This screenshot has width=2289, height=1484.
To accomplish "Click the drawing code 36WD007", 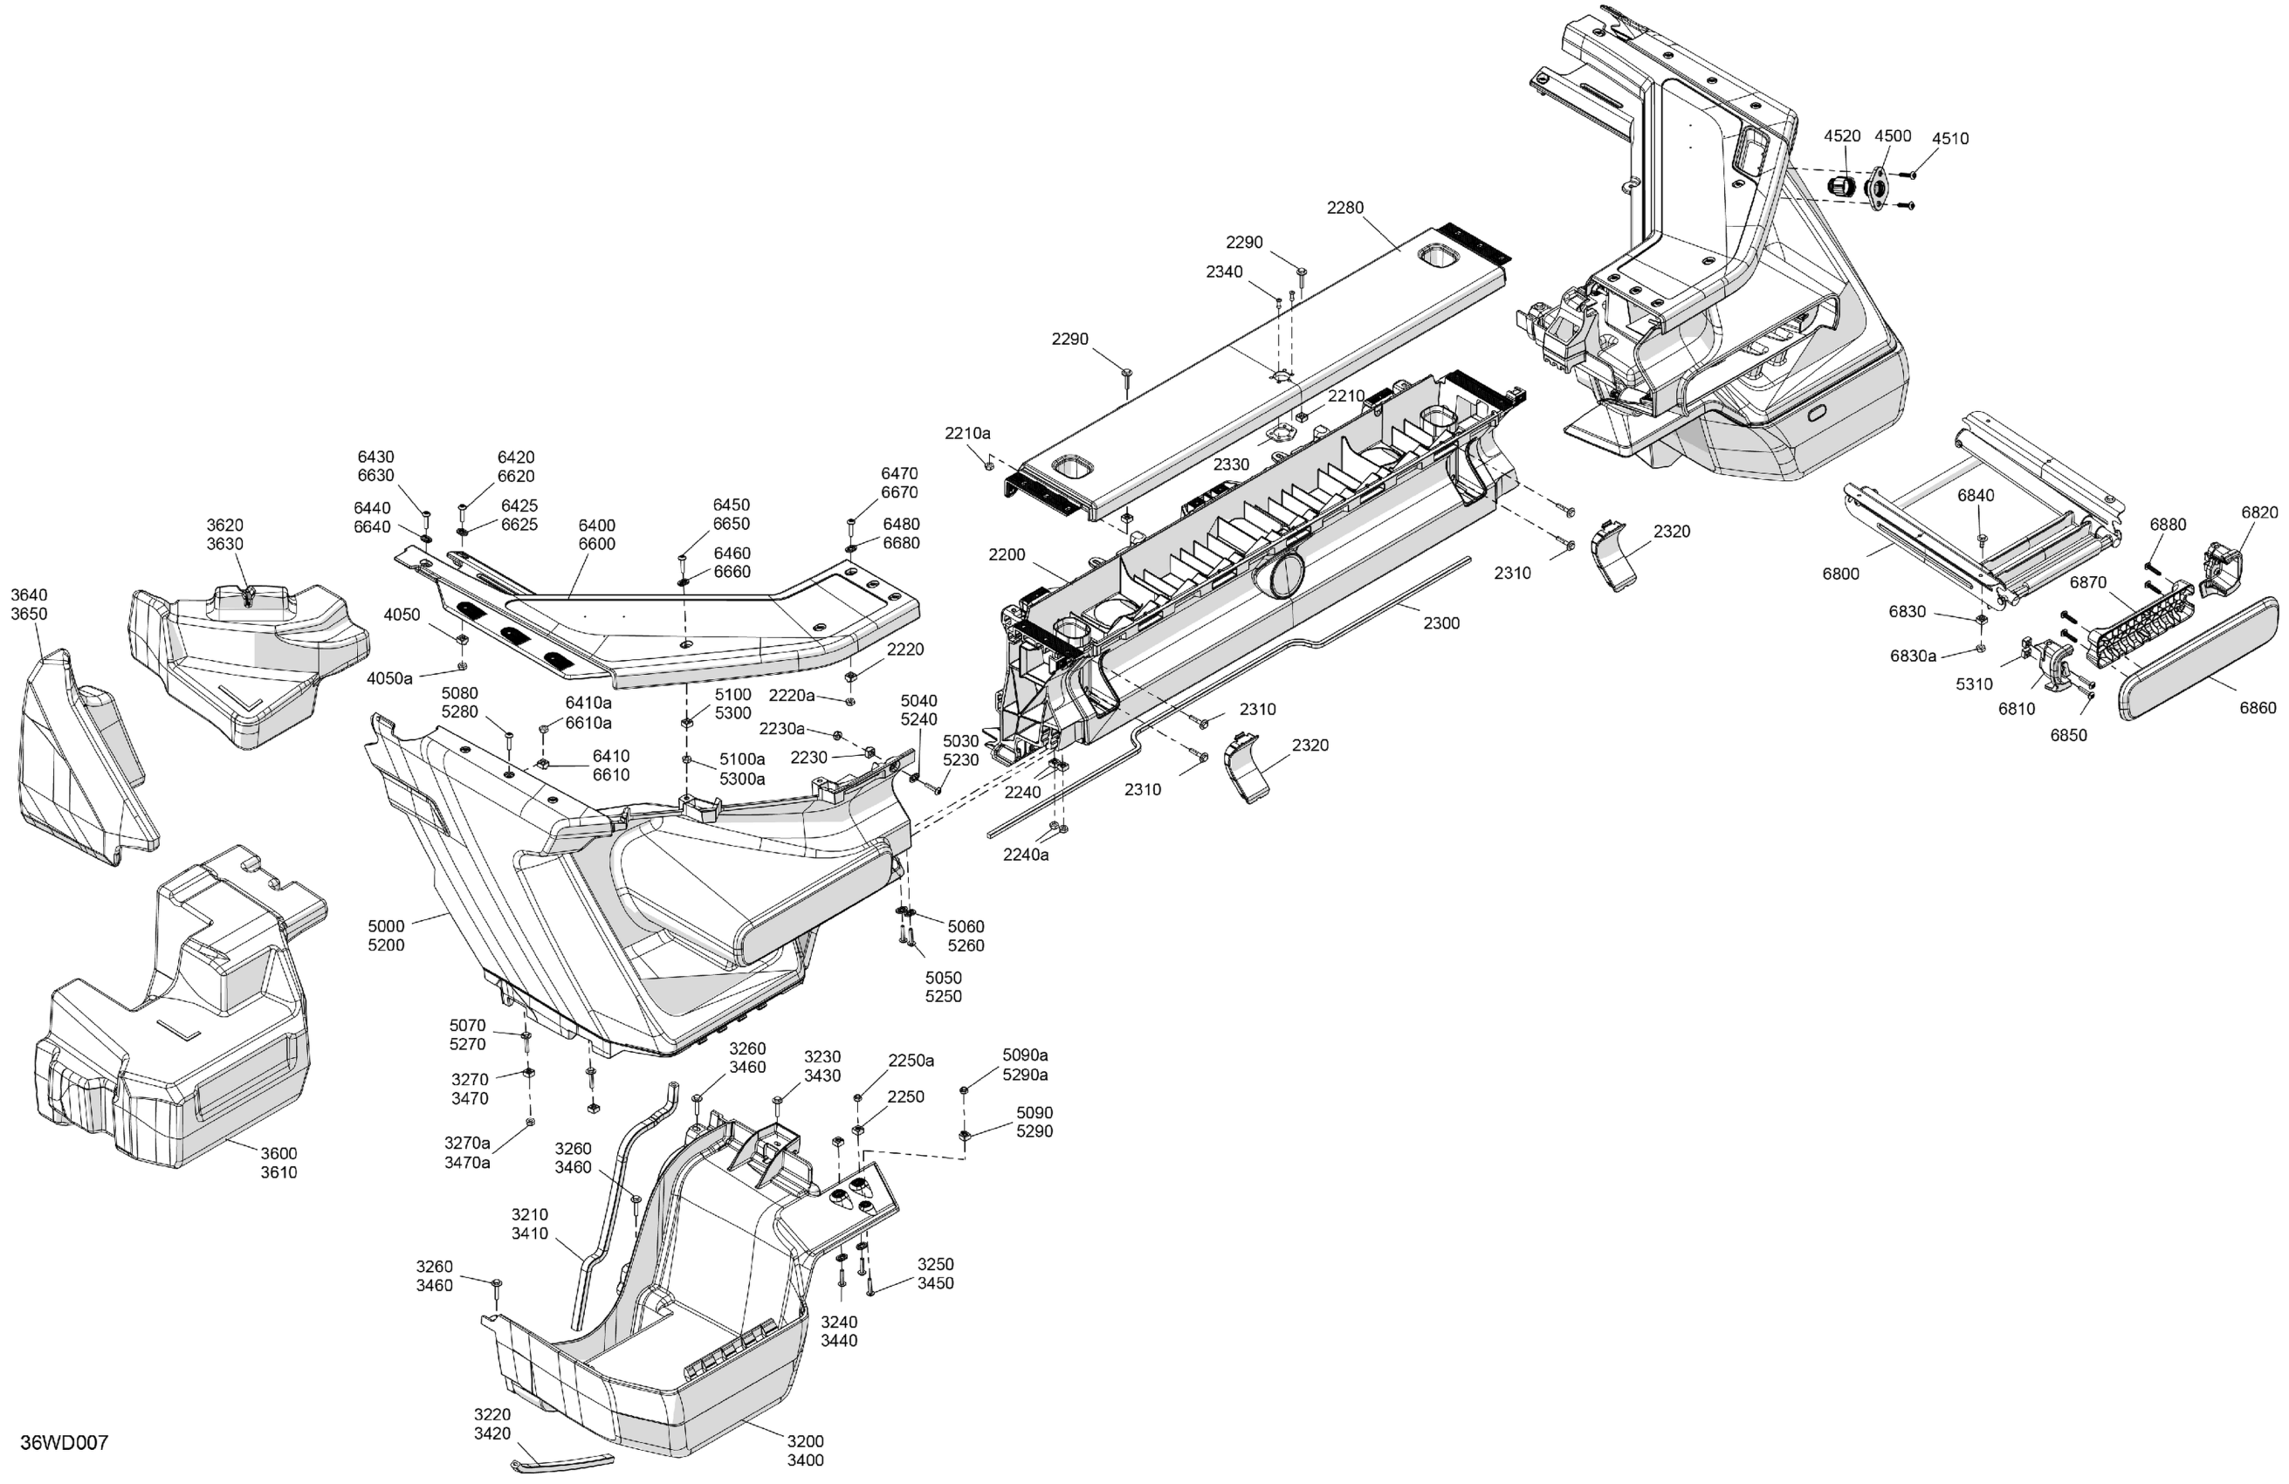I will [65, 1442].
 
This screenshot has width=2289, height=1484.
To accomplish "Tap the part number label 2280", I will [1344, 208].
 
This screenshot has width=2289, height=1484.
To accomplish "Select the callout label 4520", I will [1842, 136].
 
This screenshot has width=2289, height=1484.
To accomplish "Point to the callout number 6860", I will [2258, 708].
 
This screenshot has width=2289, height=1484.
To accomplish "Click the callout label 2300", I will [1441, 623].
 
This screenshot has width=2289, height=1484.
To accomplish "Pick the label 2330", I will [1231, 464].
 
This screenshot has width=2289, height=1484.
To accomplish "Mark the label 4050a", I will [389, 679].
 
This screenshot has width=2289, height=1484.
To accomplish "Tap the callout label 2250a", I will [910, 1061].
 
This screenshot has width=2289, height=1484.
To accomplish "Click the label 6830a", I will [1913, 656].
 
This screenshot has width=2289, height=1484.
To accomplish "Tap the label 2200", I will [1007, 555].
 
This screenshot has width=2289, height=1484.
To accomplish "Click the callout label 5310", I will [1975, 684].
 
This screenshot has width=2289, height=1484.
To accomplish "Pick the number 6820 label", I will [2259, 512].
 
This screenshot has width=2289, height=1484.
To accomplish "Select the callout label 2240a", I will [1026, 854].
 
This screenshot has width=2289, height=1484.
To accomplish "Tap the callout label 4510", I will [1950, 139].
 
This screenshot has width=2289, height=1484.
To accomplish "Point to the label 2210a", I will [967, 434].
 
